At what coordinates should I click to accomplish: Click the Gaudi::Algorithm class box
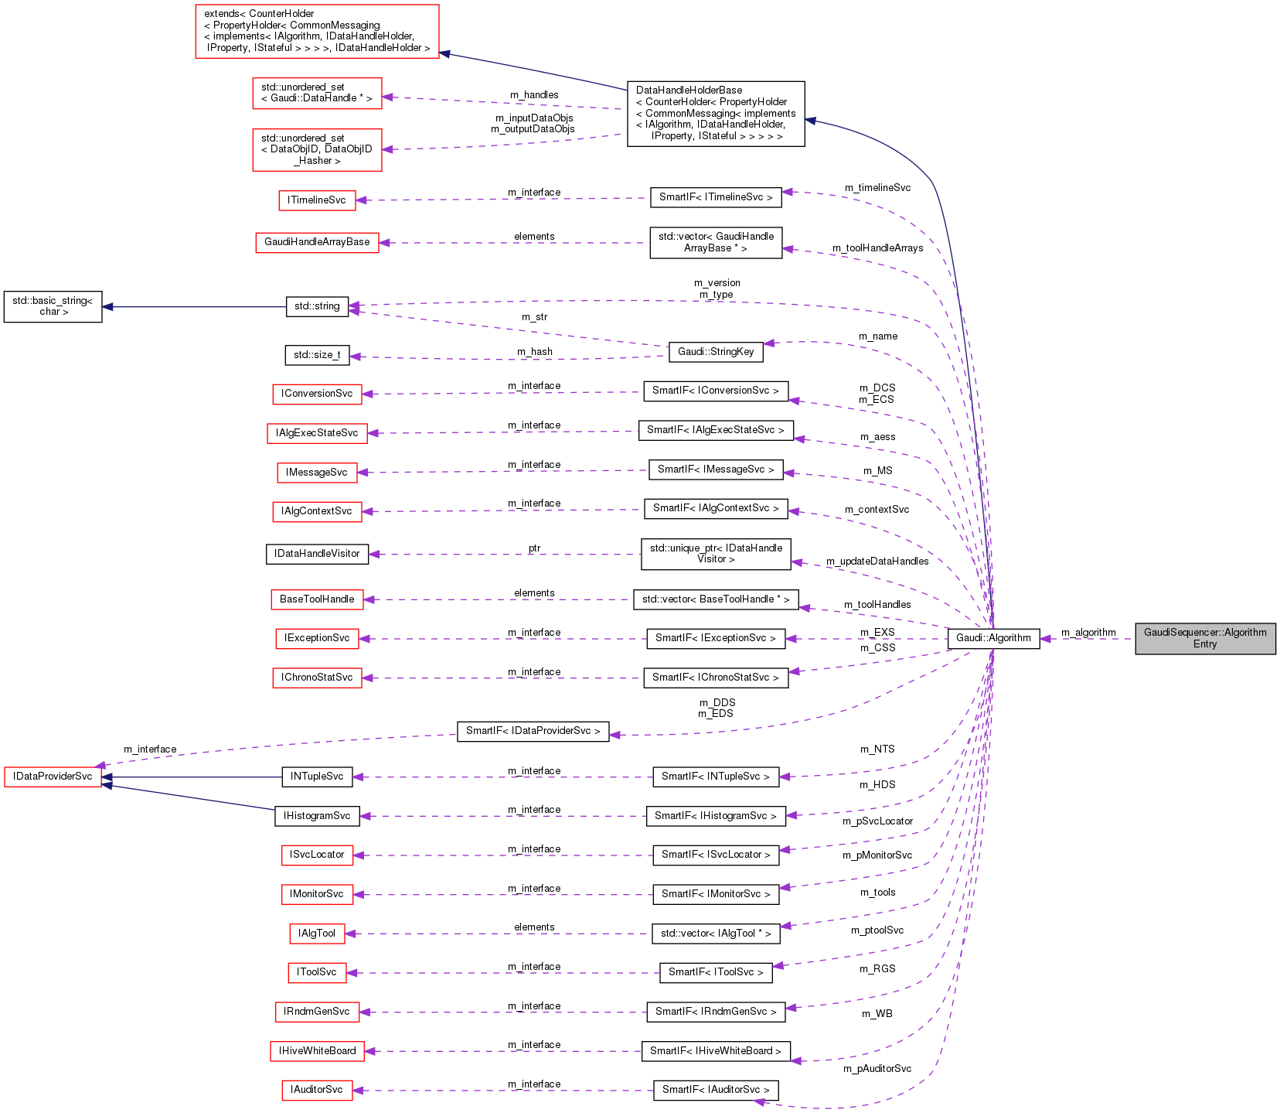[993, 638]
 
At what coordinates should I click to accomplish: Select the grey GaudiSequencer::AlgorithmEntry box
[1205, 638]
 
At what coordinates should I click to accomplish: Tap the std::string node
[317, 306]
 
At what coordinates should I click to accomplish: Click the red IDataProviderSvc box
[53, 777]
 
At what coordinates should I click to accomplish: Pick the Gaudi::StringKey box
[716, 352]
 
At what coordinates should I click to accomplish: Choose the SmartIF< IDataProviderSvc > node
[533, 731]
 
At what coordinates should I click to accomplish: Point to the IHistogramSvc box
[317, 816]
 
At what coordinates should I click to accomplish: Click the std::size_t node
[317, 355]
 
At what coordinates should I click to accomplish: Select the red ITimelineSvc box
[317, 200]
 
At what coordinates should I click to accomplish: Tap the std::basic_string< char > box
[53, 306]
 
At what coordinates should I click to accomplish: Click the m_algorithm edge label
[1088, 633]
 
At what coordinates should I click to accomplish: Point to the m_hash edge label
[535, 352]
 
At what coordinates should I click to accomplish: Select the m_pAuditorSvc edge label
[877, 1069]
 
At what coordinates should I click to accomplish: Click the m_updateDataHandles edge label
[877, 562]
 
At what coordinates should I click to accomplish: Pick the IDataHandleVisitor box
[317, 554]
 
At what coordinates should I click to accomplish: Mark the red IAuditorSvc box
[317, 1090]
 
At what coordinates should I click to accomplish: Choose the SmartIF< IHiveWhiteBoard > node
[716, 1051]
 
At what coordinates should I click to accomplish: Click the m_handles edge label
[534, 95]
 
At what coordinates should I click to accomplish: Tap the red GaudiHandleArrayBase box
[317, 242]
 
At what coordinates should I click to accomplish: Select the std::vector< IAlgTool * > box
[716, 934]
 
